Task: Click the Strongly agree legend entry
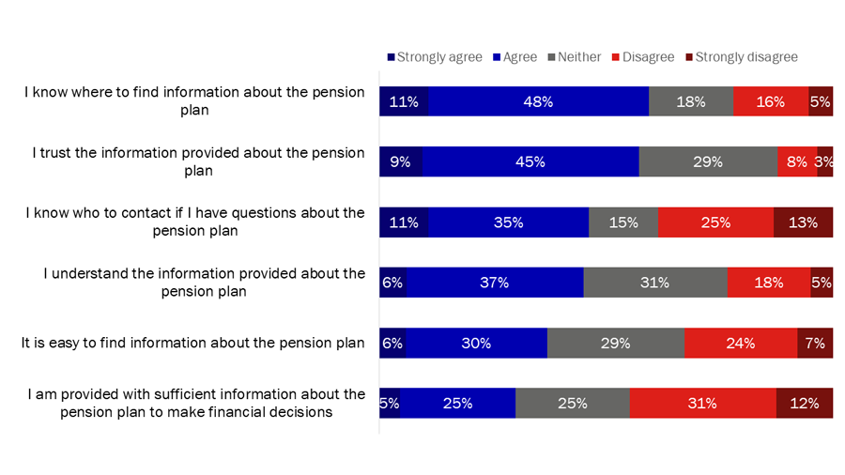coord(434,57)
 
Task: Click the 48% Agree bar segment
coord(538,101)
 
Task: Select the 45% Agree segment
coord(530,161)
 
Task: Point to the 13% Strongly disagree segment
coord(803,222)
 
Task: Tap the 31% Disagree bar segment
coord(702,403)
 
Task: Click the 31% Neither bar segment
coord(654,283)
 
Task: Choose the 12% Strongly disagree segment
coord(805,403)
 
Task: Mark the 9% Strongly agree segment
coord(400,161)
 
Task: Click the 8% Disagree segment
coord(796,161)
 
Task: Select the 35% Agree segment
coord(508,222)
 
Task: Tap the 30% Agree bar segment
coord(476,343)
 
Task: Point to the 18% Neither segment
coord(691,101)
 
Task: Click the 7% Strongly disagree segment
coord(814,343)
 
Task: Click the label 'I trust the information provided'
coord(198,161)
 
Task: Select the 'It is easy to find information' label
coord(192,343)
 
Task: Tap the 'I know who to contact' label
coord(194,222)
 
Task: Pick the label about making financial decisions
coord(196,403)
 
